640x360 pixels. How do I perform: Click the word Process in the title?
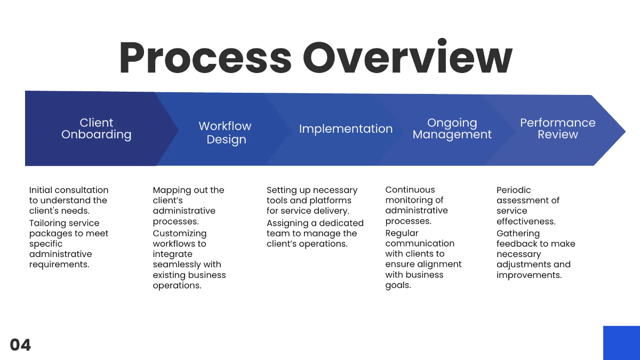click(205, 57)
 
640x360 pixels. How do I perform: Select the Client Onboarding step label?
click(96, 129)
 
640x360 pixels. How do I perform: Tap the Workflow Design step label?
click(225, 133)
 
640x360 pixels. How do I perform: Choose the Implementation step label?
click(346, 129)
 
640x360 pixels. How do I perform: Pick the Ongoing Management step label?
click(452, 129)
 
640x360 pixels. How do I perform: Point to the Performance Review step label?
click(557, 129)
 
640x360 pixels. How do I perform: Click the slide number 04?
click(20, 345)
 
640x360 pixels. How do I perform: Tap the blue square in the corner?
click(621, 343)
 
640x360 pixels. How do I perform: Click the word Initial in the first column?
click(41, 190)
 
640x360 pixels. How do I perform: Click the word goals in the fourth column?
click(398, 285)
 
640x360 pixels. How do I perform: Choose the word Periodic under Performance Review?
click(514, 190)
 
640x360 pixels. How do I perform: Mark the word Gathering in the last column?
click(518, 234)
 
